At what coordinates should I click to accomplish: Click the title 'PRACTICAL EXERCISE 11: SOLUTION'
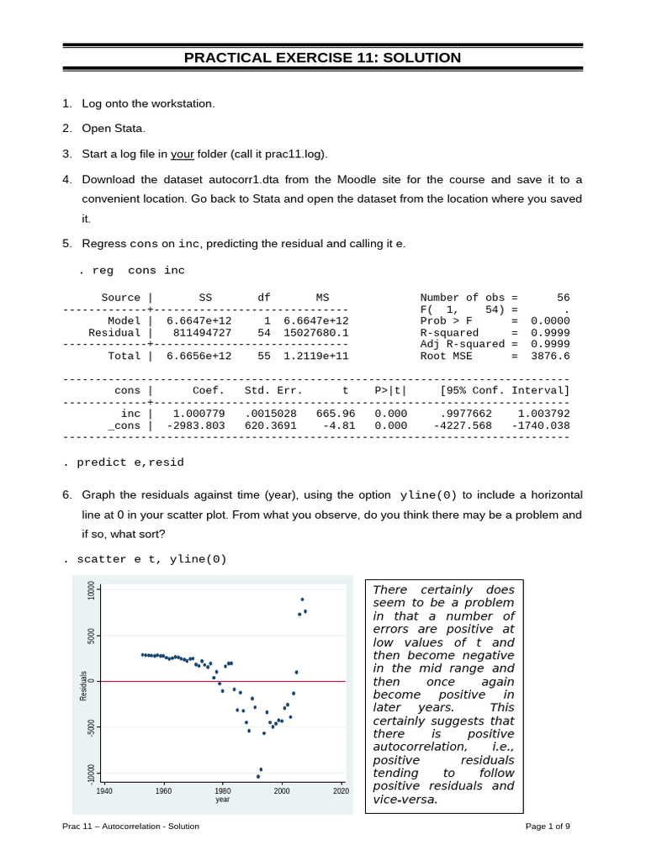coord(323,58)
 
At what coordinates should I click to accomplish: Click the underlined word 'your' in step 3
coord(183,154)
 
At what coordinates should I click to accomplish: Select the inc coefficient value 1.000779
coord(199,414)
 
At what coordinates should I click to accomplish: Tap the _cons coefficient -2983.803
coord(196,425)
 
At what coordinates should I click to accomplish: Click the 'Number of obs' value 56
coord(563,298)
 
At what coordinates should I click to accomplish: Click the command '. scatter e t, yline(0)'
coord(145,559)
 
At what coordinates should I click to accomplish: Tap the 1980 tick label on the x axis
coord(223,791)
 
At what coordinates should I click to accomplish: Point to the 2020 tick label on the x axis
coord(341,791)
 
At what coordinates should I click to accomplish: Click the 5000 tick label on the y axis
coord(91,636)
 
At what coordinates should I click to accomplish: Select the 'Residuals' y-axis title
coord(83,686)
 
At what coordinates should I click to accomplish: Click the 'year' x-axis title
coord(222,800)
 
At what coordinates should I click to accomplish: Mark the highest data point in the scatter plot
coord(302,600)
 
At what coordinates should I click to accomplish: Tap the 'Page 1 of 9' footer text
coord(548,827)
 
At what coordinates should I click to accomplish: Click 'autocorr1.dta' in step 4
coord(245,180)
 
